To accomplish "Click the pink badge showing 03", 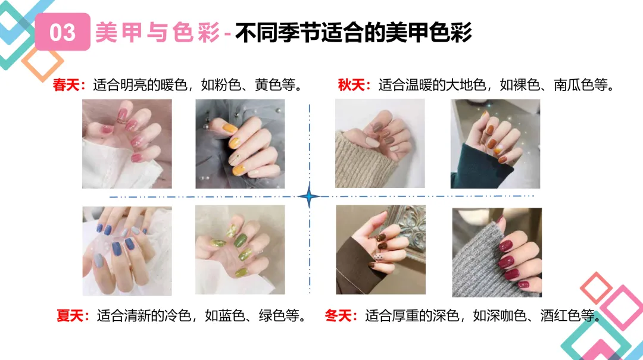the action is (63, 32).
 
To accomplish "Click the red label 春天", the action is (65, 85).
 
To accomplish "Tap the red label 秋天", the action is (351, 85).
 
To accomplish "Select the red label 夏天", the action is (70, 316).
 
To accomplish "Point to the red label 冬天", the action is (338, 316).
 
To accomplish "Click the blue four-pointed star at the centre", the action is (309, 197).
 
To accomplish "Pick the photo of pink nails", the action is (127, 144).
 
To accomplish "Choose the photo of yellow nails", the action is (240, 144).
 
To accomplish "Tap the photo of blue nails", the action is (127, 251).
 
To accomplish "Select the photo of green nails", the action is (240, 250).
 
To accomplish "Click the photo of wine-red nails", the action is (497, 252).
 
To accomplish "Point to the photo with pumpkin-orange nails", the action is (495, 144).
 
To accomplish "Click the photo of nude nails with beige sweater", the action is (380, 143).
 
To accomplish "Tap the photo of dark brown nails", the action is (380, 250).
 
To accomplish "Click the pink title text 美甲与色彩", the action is (157, 32).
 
